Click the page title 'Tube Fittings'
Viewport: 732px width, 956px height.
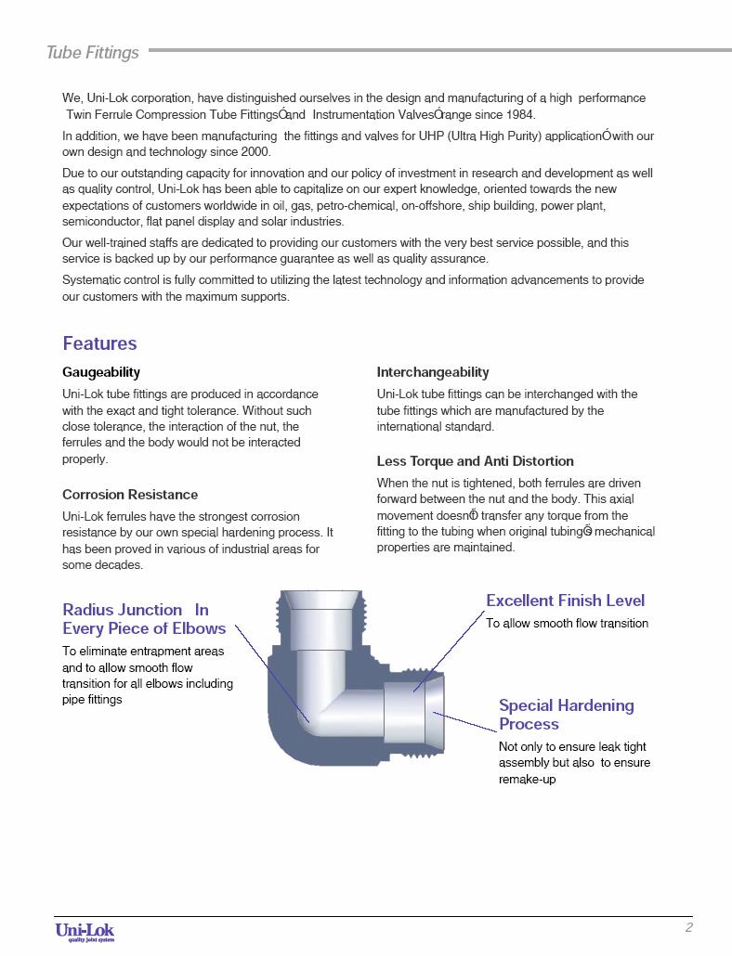point(93,53)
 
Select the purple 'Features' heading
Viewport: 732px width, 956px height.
point(99,343)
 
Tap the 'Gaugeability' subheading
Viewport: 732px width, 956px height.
point(101,372)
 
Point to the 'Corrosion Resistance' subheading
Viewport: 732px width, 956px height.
point(130,495)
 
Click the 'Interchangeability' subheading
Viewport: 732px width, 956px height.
point(433,372)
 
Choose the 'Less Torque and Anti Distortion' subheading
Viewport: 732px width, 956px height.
point(475,461)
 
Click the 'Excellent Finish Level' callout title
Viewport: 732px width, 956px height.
point(565,601)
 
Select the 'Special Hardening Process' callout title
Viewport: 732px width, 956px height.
point(566,715)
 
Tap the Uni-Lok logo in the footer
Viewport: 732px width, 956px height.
point(85,931)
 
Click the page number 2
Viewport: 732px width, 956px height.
point(689,927)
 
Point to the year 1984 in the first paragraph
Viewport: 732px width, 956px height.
point(521,115)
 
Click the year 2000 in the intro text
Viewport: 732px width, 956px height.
point(255,152)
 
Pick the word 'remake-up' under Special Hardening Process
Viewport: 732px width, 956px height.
point(527,780)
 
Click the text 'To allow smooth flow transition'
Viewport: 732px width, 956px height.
point(567,624)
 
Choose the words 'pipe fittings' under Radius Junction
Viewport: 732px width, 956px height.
point(92,700)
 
